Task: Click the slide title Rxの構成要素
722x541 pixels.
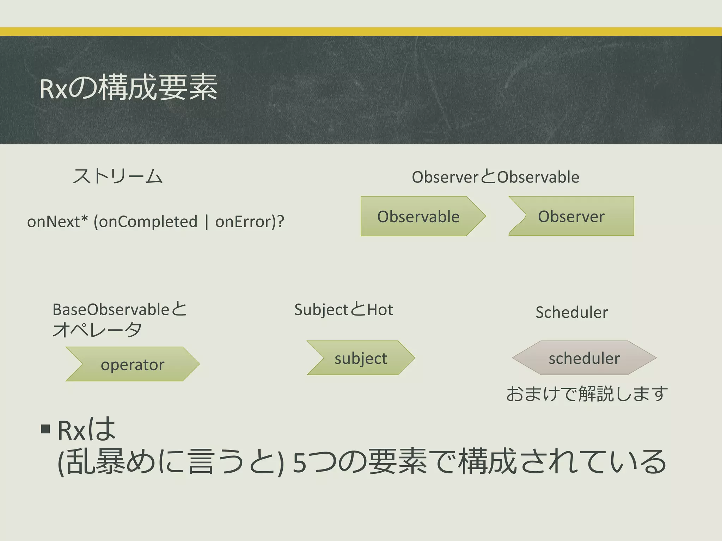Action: [x=128, y=88]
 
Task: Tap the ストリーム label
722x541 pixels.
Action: [x=117, y=176]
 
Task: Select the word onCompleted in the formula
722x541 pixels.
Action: [x=145, y=222]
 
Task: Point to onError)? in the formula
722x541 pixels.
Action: [x=250, y=222]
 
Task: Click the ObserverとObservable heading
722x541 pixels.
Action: [x=495, y=177]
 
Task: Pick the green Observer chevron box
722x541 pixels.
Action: [x=571, y=216]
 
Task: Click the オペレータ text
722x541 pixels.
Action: [x=97, y=330]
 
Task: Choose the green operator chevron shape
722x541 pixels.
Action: [x=133, y=364]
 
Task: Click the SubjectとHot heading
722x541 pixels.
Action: [x=343, y=310]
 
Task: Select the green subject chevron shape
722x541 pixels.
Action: [x=361, y=358]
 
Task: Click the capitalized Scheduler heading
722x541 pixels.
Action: [x=571, y=312]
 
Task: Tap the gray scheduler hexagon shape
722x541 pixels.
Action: [x=584, y=358]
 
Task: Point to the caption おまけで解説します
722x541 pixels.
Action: [x=587, y=394]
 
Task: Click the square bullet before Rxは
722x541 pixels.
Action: [x=45, y=429]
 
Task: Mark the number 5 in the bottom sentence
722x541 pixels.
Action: [x=299, y=463]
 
